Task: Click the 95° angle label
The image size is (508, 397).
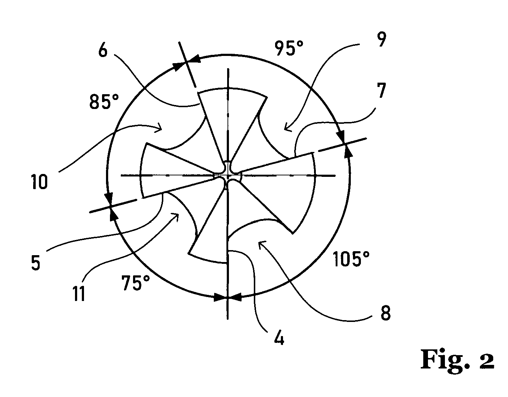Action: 289,48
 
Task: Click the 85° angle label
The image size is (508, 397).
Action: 104,101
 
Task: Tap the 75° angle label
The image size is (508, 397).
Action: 136,283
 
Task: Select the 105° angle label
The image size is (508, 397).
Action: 352,259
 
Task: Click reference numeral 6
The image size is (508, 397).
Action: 103,50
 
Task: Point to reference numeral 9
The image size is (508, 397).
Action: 381,40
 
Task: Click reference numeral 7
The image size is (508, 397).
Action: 382,90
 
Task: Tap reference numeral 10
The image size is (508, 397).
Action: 39,182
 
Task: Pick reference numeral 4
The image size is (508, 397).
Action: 279,339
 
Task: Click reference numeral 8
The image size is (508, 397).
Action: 386,313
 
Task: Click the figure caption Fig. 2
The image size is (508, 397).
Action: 457,359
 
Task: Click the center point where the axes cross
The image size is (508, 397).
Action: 228,175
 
